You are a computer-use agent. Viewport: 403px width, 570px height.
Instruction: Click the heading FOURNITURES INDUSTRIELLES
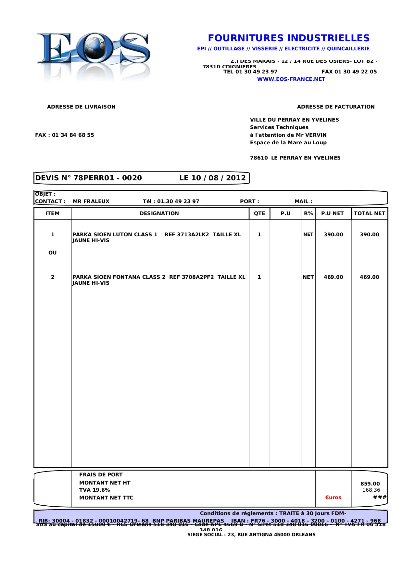tap(289, 38)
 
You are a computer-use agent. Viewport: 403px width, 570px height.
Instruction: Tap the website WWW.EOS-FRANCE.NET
tap(291, 79)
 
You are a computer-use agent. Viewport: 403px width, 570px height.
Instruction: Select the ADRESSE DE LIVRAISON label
tap(81, 107)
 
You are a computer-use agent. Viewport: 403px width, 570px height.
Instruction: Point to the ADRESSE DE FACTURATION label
tap(336, 107)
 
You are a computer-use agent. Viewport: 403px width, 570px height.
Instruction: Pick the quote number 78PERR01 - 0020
tap(107, 178)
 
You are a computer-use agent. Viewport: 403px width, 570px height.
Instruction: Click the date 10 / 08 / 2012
tap(219, 178)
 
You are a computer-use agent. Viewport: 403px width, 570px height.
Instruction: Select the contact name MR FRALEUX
tap(91, 201)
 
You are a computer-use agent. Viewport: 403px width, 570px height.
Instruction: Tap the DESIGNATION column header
tap(159, 214)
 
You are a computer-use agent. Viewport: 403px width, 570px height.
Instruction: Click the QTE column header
tap(259, 214)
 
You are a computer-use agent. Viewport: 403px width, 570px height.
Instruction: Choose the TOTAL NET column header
tap(370, 214)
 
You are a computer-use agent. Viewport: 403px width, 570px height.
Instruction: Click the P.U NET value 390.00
tap(333, 235)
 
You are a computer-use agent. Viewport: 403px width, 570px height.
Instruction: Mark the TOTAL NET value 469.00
tap(369, 277)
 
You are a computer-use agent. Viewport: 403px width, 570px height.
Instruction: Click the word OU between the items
tap(53, 253)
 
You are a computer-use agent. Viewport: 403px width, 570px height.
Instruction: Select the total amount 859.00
tap(370, 484)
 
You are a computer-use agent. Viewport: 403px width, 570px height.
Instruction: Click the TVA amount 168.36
tap(371, 490)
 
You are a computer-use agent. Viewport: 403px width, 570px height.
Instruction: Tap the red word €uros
tap(333, 498)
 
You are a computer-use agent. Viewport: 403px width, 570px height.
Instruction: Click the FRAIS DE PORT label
tap(101, 475)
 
